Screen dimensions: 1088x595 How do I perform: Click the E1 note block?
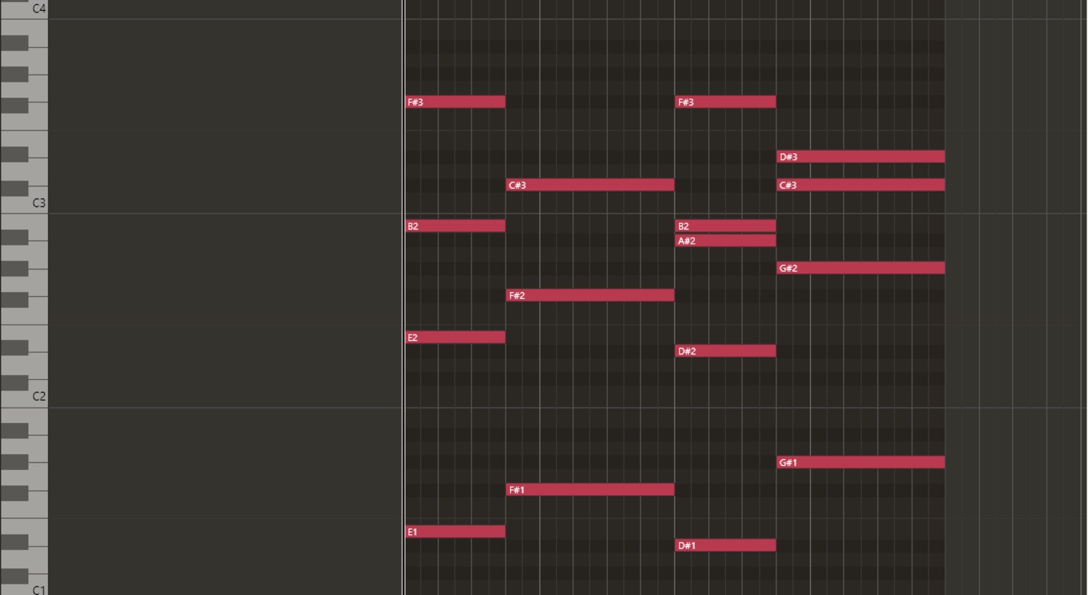click(x=455, y=532)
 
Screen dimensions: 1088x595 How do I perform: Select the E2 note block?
click(x=455, y=337)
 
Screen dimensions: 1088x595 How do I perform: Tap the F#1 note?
click(x=590, y=489)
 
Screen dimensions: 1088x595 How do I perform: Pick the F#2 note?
click(x=590, y=295)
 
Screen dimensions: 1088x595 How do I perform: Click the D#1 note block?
click(x=725, y=545)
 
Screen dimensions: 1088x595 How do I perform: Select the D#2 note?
click(x=725, y=350)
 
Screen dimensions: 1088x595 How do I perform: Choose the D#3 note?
click(x=860, y=157)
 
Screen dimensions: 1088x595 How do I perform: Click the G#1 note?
click(x=860, y=462)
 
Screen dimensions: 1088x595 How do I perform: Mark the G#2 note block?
click(x=860, y=268)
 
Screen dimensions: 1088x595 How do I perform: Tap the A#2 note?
click(x=725, y=240)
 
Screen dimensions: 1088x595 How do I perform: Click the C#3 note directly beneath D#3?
click(x=860, y=185)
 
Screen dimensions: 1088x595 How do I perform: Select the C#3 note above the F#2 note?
click(x=590, y=185)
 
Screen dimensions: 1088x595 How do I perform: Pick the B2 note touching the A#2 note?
click(x=725, y=226)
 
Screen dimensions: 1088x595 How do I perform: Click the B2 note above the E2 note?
click(x=455, y=226)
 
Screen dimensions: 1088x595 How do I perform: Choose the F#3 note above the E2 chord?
click(x=455, y=102)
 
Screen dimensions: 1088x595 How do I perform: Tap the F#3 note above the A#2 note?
click(x=725, y=102)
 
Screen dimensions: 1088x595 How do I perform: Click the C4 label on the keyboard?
click(x=39, y=8)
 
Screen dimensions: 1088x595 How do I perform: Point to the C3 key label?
click(x=39, y=203)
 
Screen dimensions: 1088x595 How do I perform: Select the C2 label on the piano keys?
click(x=39, y=396)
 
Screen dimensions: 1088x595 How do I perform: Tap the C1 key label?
click(x=39, y=590)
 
